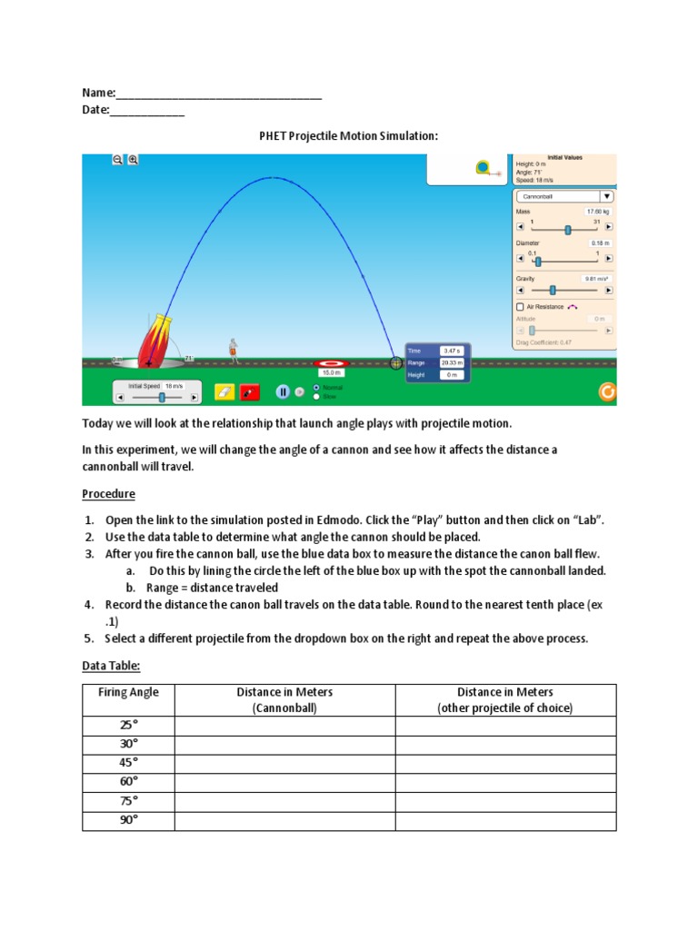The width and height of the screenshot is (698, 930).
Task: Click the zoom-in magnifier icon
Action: pos(133,160)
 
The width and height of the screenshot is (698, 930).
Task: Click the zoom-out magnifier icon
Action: pos(117,160)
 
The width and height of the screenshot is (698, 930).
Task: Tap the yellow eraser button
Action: pos(224,391)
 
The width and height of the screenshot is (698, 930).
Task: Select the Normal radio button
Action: pos(315,387)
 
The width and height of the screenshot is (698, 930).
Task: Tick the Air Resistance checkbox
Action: pos(520,307)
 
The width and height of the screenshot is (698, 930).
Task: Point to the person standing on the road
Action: pos(234,350)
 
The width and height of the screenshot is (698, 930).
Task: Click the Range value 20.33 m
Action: pos(452,362)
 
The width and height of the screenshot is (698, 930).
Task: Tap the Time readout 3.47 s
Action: pos(452,351)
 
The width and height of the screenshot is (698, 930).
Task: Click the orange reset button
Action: pos(607,392)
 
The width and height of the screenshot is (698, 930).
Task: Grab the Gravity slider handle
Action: pos(552,291)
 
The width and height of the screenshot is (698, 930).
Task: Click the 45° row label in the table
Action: pos(128,762)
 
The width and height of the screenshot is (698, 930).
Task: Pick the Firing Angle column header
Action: pos(128,692)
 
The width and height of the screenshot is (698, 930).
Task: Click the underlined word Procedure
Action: pos(108,494)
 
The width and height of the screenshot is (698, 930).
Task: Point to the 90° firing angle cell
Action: pos(128,819)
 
